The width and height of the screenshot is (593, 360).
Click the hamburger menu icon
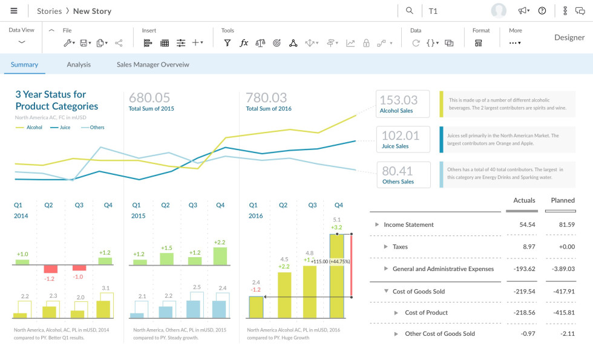tap(14, 11)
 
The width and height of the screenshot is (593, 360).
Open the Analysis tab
tap(79, 65)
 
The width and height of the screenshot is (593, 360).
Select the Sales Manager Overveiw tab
tap(153, 65)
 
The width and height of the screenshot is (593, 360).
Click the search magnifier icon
tap(410, 11)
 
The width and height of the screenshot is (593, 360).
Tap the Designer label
tap(569, 38)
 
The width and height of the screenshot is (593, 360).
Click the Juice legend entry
tap(61, 128)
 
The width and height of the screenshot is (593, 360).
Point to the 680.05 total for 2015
tap(149, 98)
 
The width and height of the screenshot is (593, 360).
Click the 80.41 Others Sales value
tap(398, 171)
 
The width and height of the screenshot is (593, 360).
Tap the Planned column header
tap(562, 200)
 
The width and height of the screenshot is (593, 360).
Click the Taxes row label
tap(400, 247)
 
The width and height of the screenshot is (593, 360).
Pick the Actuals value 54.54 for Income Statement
tap(527, 224)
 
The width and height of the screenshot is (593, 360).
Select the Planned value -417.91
tap(563, 292)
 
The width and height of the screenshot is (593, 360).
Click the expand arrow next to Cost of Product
tap(396, 313)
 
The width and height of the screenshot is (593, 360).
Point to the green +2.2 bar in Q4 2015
tap(220, 256)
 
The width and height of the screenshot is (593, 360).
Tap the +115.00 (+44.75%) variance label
tap(330, 261)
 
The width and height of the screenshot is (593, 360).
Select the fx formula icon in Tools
tap(244, 43)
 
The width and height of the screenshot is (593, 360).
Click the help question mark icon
tap(542, 11)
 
